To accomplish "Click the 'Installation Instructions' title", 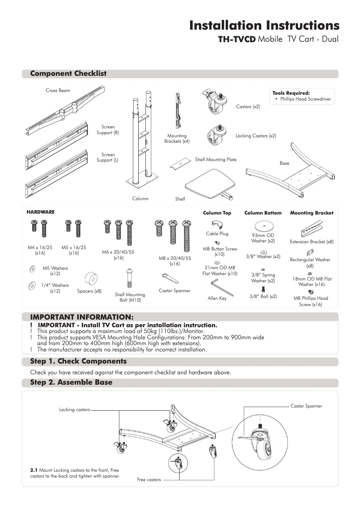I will [x=264, y=25].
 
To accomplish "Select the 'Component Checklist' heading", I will [x=68, y=74].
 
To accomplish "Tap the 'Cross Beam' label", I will [x=58, y=91].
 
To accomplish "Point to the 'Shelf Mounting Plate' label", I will [x=215, y=159].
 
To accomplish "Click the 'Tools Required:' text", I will [x=291, y=93].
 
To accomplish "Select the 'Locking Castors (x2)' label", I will [x=256, y=136].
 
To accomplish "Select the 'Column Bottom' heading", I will [x=263, y=213].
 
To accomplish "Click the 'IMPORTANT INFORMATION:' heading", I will [x=82, y=317].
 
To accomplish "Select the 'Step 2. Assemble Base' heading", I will [x=71, y=382].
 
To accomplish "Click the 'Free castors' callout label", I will [x=149, y=480].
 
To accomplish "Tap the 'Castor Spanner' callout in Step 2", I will [x=306, y=406].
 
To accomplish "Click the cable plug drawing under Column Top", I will [x=217, y=224].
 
